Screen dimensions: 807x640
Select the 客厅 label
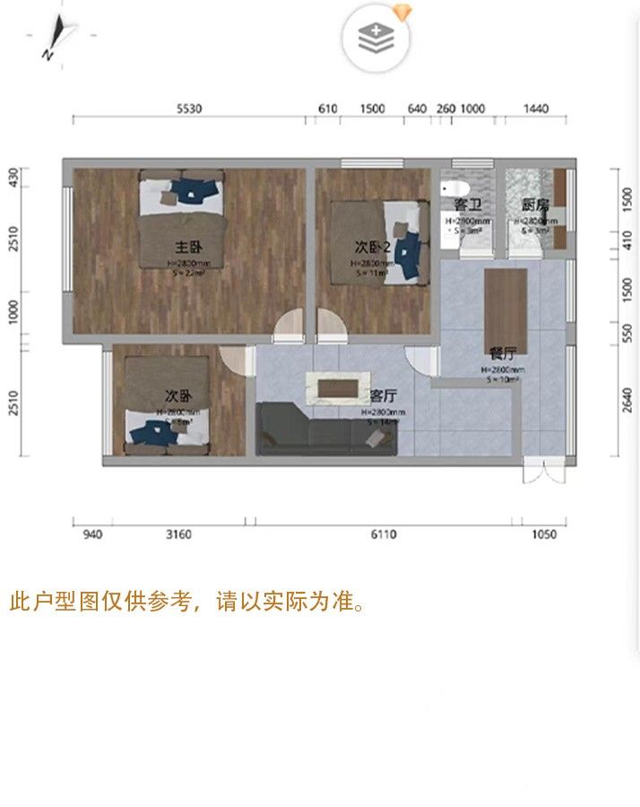[x=385, y=395]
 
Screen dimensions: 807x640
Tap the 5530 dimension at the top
[x=189, y=108]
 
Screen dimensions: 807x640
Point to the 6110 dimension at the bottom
[x=383, y=534]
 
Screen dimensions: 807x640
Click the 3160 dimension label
[x=179, y=534]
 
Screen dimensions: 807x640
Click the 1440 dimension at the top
[x=535, y=108]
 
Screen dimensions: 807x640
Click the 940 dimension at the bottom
[x=92, y=534]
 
